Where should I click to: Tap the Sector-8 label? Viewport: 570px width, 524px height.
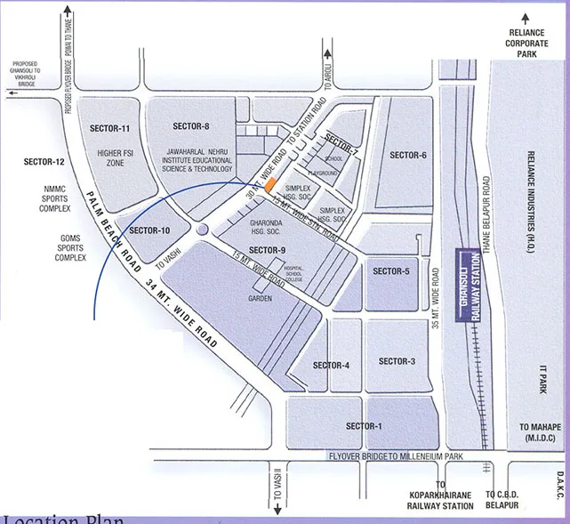point(192,126)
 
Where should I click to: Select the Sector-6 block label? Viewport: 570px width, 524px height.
point(408,156)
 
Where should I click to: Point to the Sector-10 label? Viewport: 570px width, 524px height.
point(149,231)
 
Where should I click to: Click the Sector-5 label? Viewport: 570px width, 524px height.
point(391,271)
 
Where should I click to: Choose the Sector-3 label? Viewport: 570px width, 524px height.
point(397,360)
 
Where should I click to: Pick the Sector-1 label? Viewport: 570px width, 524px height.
point(364,426)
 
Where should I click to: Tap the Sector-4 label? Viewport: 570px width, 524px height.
point(331,366)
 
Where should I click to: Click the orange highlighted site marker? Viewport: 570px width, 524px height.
point(273,185)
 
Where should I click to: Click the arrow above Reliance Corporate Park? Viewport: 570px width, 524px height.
point(526,18)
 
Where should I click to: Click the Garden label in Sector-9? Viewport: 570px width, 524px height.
point(260,299)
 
